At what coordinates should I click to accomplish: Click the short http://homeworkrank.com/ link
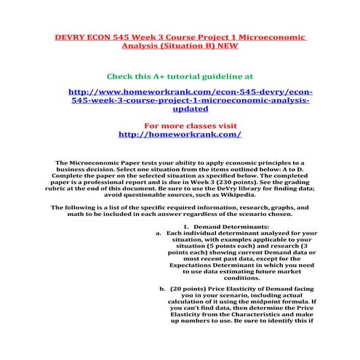pyautogui.click(x=179, y=135)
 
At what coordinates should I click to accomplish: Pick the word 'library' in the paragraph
pyautogui.click(x=229, y=188)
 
